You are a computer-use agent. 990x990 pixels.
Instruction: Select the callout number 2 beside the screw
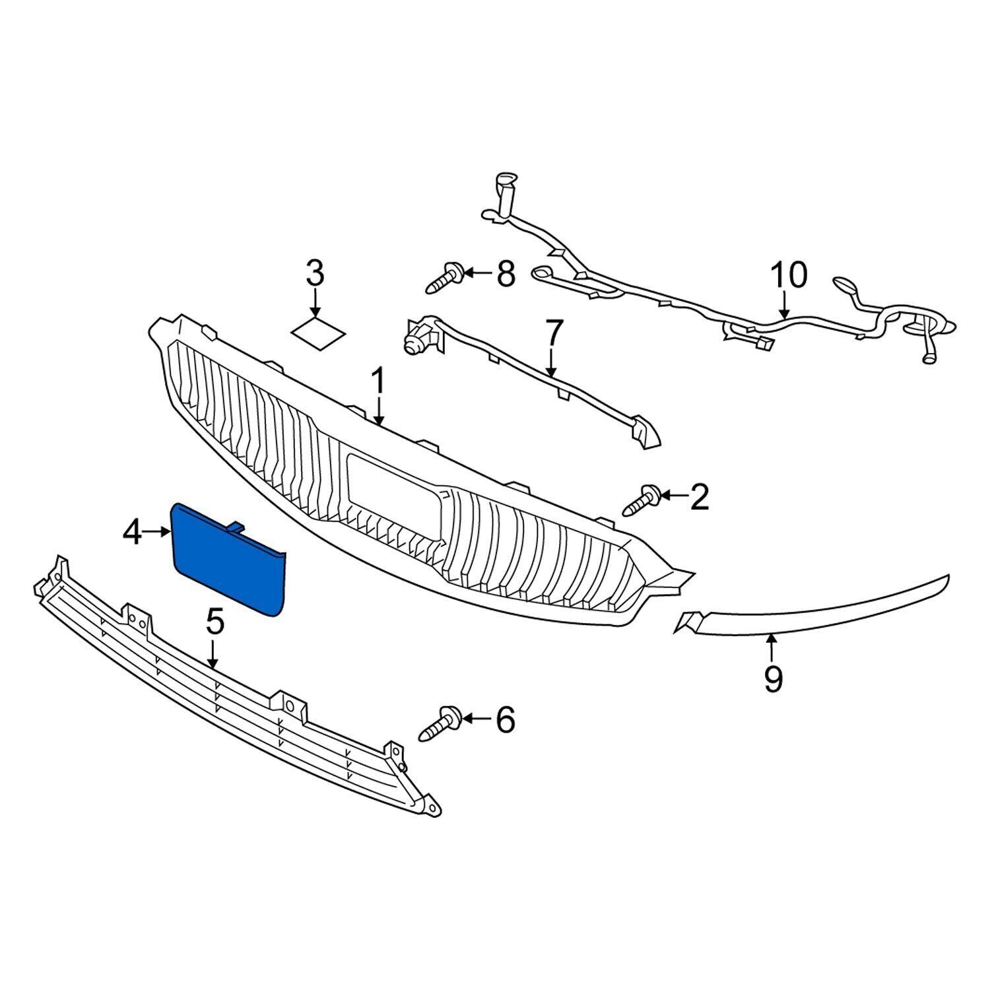coord(698,496)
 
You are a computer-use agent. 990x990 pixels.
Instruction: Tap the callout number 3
coord(315,273)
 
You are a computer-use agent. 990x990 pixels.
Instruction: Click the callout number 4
coord(132,532)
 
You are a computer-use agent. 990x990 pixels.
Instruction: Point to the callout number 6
coord(504,719)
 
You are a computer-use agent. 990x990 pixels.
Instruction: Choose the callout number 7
coord(552,333)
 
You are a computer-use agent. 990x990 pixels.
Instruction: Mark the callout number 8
coord(505,273)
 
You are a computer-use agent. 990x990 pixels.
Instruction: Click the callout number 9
coord(772,678)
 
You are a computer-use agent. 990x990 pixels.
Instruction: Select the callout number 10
coord(788,275)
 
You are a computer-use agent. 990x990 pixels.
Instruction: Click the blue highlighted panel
coord(228,561)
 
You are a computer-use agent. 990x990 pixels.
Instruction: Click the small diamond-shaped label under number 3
coord(318,331)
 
